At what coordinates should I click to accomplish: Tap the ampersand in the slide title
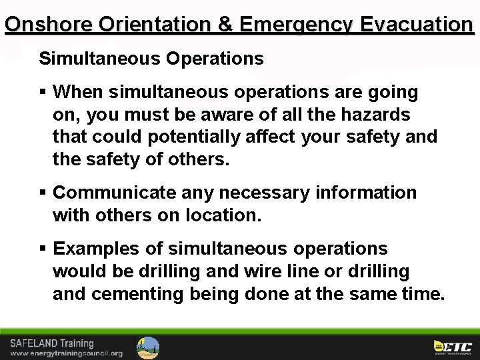[226, 25]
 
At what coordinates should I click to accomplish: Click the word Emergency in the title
[296, 25]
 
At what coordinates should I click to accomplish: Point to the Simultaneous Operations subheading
[151, 59]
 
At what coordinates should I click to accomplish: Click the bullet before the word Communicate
[43, 193]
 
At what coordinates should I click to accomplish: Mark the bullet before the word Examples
[43, 249]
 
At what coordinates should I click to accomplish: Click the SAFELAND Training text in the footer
[52, 343]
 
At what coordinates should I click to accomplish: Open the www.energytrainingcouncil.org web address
[66, 353]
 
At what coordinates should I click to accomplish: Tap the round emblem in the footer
[148, 347]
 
